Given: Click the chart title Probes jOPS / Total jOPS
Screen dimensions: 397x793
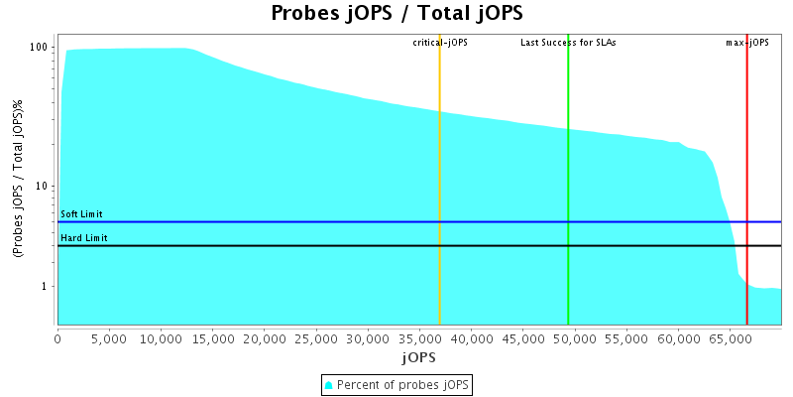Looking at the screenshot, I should [396, 13].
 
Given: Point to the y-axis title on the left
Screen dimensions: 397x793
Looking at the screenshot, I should [19, 179].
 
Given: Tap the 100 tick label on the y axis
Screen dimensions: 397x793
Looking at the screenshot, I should [40, 48].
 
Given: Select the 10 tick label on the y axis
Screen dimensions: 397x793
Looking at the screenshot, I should [43, 187].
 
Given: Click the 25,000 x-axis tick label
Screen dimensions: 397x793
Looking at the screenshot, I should [316, 339].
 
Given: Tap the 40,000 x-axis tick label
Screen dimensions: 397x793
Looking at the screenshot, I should [472, 339].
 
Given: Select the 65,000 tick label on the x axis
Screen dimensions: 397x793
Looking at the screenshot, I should [731, 339].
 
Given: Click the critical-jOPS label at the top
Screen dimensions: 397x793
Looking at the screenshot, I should [440, 43].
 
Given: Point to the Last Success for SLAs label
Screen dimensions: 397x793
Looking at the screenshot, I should [568, 43].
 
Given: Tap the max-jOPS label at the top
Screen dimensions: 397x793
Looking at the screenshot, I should [747, 43].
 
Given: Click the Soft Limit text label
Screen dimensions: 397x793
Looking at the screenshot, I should [81, 214].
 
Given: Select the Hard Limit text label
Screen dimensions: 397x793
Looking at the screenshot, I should [83, 238].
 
